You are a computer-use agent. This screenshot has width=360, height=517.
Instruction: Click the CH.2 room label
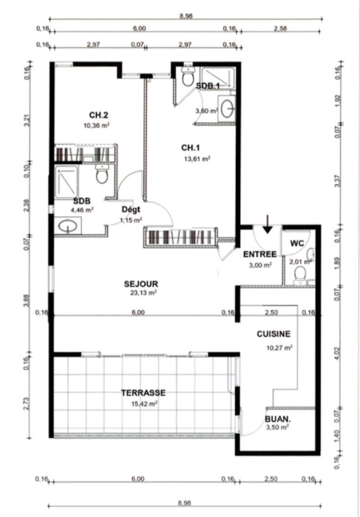[x=98, y=115]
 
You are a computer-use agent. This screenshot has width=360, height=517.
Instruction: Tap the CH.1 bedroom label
[x=191, y=148]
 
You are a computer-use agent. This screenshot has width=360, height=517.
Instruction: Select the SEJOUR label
[x=141, y=284]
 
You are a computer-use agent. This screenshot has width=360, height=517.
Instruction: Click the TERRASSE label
[x=143, y=393]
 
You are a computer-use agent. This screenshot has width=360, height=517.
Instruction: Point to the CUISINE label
[x=274, y=334]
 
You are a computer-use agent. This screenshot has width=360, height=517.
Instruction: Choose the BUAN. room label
[x=278, y=420]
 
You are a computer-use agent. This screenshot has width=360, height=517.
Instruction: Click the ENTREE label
[x=259, y=254]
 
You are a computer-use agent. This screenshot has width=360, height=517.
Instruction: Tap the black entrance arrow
[x=268, y=225]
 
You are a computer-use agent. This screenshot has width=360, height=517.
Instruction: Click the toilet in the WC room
[x=300, y=275]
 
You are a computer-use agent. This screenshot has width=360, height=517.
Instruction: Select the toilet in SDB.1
[x=188, y=77]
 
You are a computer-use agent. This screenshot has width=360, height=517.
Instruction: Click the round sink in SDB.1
[x=227, y=109]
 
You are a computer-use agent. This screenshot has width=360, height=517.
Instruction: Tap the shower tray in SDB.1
[x=218, y=78]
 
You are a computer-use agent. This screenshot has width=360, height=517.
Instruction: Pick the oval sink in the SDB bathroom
[x=68, y=226]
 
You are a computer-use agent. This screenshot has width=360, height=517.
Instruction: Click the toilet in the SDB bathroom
[x=102, y=174]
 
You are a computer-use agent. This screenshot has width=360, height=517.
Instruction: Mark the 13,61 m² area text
[x=197, y=159]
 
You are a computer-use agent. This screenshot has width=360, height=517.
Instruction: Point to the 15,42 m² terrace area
[x=144, y=403]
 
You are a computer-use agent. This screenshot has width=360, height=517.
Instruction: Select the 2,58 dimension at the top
[x=280, y=28]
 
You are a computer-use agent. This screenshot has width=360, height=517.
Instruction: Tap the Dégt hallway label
[x=131, y=209]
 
